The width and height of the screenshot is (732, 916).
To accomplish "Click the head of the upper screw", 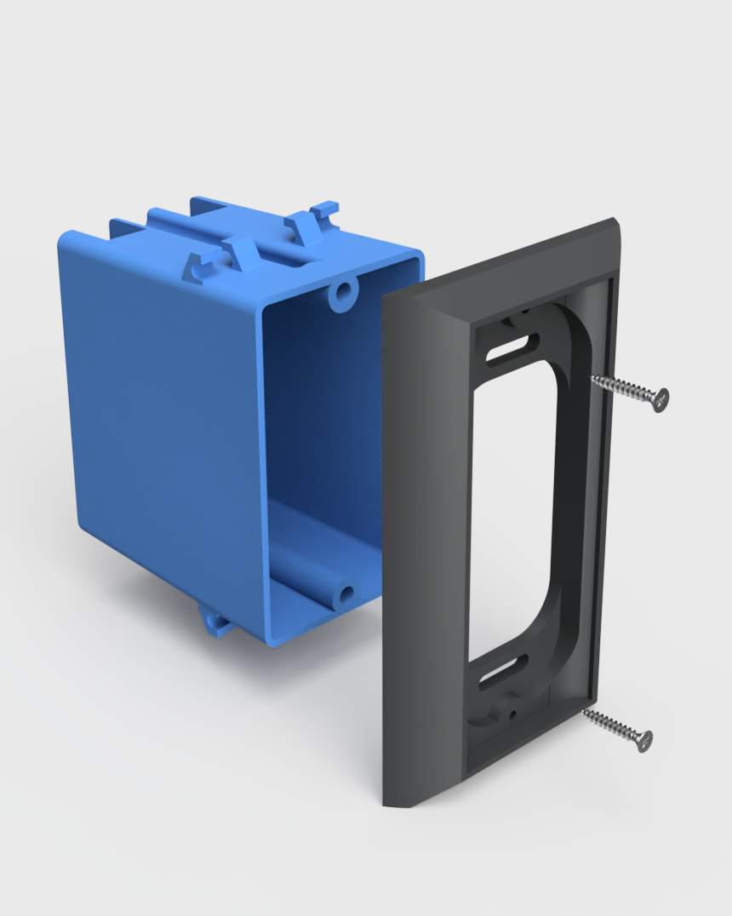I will click(x=660, y=398).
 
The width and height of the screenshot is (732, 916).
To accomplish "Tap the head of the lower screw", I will click(x=643, y=740).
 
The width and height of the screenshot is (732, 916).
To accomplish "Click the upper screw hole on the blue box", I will click(x=343, y=293).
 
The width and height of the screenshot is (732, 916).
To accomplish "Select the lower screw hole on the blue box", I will click(x=346, y=593).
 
